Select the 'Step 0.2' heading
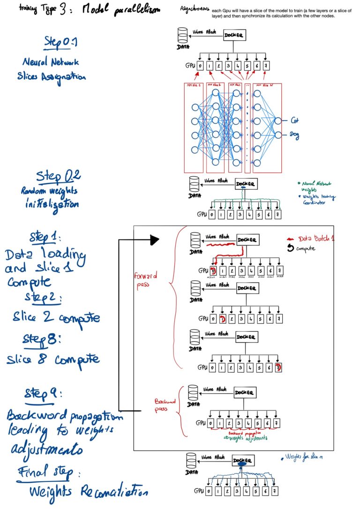[59, 177]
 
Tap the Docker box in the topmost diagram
[235, 36]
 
